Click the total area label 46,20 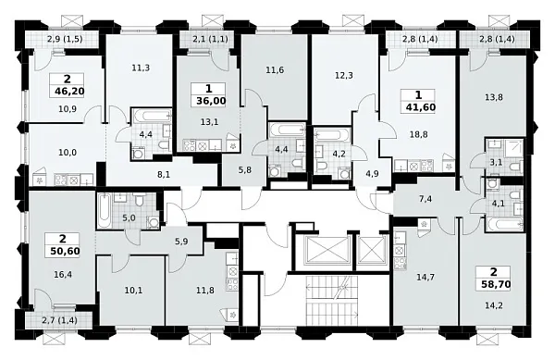tap(69, 92)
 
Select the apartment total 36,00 tap(211, 101)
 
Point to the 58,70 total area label tap(496, 283)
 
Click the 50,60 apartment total tap(65, 252)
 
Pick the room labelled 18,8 tap(420, 135)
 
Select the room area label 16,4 tap(63, 274)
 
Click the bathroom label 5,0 tap(129, 218)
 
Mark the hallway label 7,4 tap(425, 199)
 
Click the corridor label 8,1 tap(165, 174)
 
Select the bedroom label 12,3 tap(344, 76)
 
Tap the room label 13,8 tap(494, 97)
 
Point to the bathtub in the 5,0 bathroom tap(104, 211)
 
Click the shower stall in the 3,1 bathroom tap(512, 148)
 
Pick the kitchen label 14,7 tap(425, 277)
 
